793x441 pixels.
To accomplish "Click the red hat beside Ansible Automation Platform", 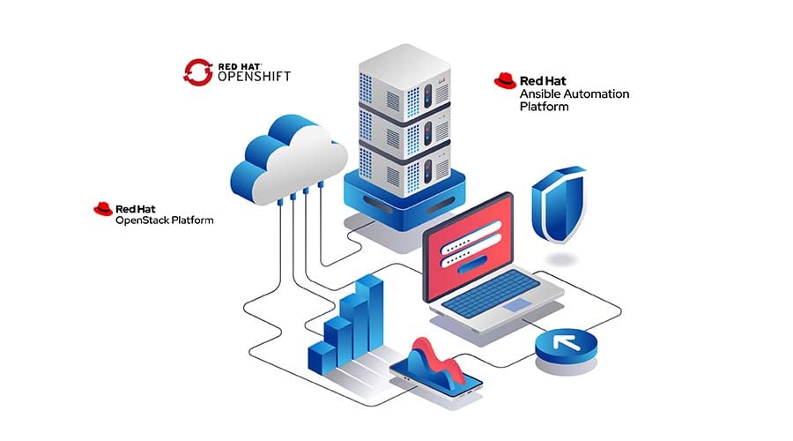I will [504, 81].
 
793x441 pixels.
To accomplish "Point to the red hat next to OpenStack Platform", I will [102, 208].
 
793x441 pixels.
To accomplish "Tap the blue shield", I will [558, 205].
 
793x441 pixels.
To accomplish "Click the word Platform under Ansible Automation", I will [544, 107].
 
